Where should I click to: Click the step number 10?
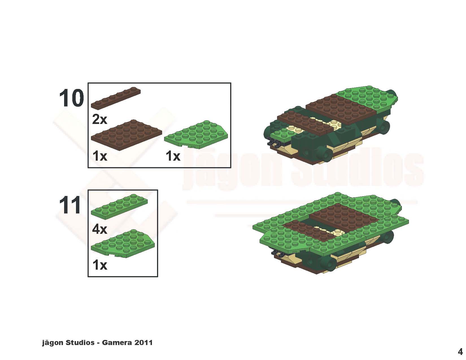71,98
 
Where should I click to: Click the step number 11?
70,205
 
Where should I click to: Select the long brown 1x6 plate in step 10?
116,98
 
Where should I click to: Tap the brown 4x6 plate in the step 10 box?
127,135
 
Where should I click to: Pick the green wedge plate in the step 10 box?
196,135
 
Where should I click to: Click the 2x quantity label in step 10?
99,119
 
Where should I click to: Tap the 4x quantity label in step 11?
99,230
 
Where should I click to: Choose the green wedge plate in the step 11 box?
123,244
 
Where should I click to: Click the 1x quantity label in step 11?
100,265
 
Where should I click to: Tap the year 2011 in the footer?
143,342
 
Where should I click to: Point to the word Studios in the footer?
80,342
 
